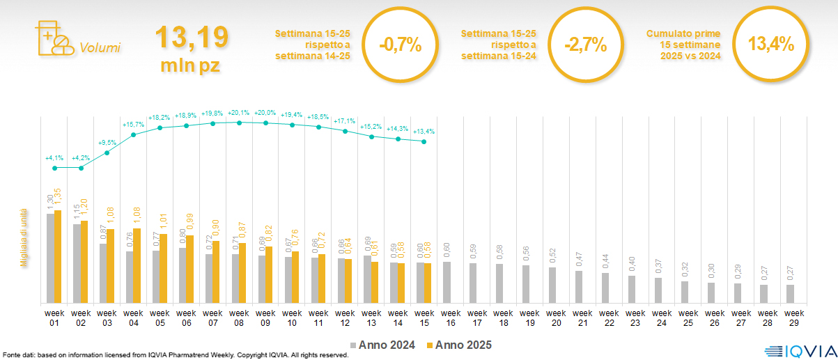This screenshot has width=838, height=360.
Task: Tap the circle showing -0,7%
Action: pyautogui.click(x=400, y=44)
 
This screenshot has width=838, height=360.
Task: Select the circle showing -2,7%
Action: pyautogui.click(x=585, y=44)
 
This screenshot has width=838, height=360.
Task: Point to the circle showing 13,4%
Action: pyautogui.click(x=770, y=44)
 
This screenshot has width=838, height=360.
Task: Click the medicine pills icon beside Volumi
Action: pyautogui.click(x=53, y=38)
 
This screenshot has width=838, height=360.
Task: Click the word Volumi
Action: pyautogui.click(x=100, y=48)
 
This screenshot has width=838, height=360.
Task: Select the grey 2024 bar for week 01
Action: pyautogui.click(x=50, y=258)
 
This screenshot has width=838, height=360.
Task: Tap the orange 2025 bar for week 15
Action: pyautogui.click(x=428, y=283)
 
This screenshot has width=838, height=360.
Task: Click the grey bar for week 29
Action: pyautogui.click(x=790, y=294)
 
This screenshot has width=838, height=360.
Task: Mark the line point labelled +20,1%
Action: pyautogui.click(x=240, y=123)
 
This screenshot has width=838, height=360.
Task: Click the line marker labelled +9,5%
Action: pyautogui.click(x=107, y=152)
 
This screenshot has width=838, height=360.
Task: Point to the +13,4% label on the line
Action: pyautogui.click(x=424, y=132)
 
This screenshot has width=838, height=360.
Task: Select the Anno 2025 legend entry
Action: pyautogui.click(x=459, y=345)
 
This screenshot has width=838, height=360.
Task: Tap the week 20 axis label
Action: pyautogui.click(x=556, y=318)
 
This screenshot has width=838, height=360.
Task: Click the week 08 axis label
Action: pyautogui.click(x=240, y=318)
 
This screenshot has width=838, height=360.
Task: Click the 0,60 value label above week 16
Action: pyautogui.click(x=447, y=251)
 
